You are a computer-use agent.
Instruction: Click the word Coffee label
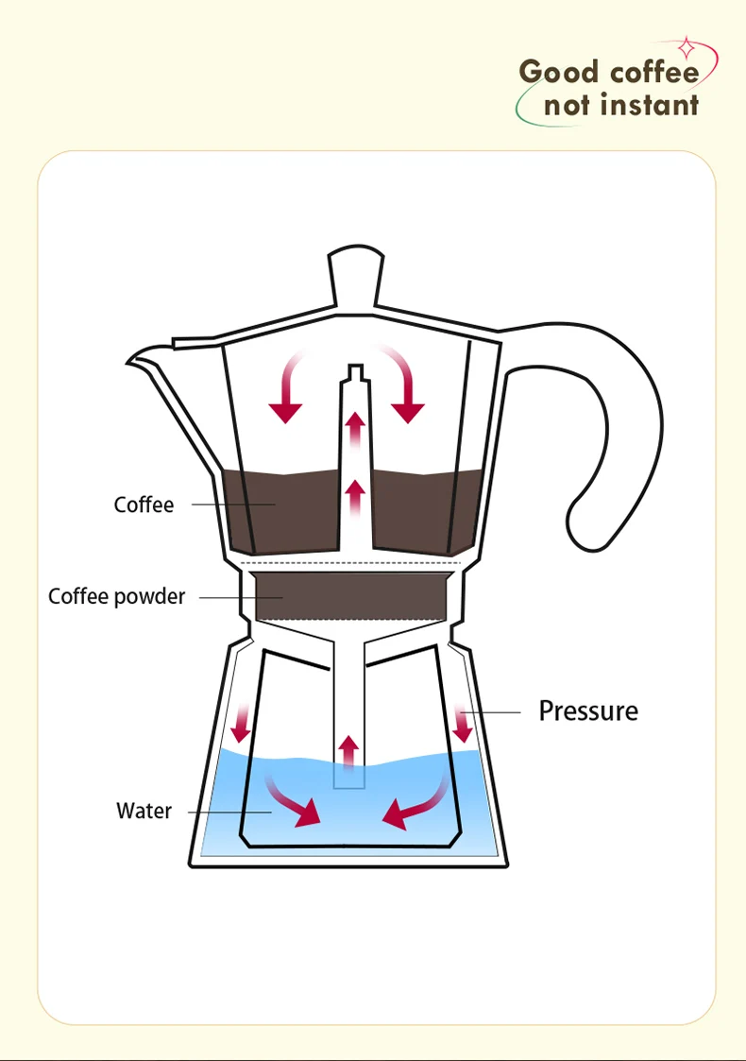(144, 505)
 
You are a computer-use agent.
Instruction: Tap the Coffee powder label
(116, 596)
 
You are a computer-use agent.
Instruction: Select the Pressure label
(588, 711)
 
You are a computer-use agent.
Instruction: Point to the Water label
(144, 811)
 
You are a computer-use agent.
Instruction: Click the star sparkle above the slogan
(687, 48)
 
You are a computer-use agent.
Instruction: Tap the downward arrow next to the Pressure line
(463, 724)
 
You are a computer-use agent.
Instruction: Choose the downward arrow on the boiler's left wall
(240, 723)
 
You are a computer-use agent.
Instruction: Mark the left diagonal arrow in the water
(292, 802)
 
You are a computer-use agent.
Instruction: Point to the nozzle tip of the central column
(356, 371)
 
